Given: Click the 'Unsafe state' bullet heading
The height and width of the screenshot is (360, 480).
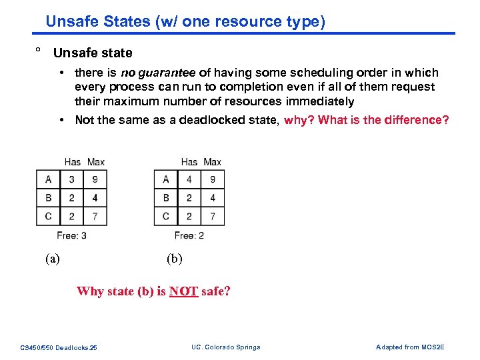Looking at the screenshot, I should (93, 53).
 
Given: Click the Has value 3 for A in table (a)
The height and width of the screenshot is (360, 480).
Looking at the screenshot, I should (72, 179).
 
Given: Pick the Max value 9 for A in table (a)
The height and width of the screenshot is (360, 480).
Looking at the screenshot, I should (95, 179).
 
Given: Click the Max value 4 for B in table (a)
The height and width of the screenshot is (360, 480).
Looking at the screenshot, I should (95, 198).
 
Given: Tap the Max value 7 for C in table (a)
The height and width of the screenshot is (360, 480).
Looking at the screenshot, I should (95, 216).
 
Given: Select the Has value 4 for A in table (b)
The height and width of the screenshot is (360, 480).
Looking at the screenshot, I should (189, 179).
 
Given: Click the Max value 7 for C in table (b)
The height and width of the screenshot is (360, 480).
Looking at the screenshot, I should (213, 216).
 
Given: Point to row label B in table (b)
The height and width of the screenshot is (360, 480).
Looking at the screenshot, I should (165, 198).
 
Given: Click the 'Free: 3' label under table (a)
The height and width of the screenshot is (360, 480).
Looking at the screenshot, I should (71, 235).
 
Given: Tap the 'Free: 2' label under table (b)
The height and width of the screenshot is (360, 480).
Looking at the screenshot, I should (189, 235).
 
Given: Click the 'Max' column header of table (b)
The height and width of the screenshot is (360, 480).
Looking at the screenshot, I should (212, 162).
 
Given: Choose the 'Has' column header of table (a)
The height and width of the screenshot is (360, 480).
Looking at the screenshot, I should (73, 162).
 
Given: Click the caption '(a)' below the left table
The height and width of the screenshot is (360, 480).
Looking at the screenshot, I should (52, 259).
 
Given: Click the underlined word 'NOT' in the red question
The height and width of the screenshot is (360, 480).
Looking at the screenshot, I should (183, 291).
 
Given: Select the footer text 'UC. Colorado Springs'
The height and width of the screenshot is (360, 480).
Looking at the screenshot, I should (225, 347).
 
